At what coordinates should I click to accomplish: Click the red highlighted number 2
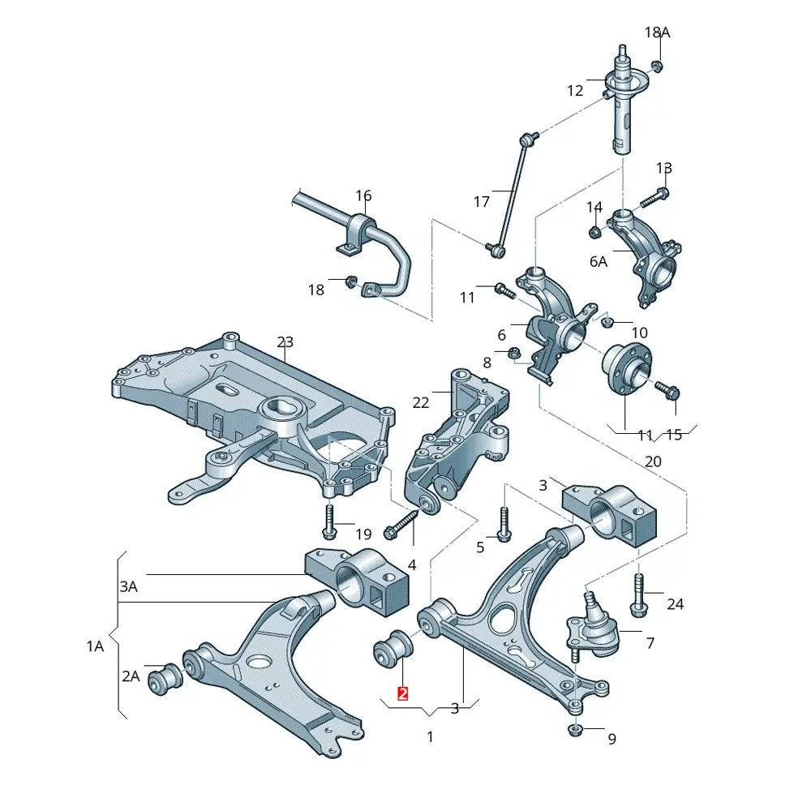402,693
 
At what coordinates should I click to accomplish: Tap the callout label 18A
657,32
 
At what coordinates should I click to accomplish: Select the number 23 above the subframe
285,342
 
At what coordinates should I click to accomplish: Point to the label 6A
599,262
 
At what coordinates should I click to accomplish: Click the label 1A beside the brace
95,646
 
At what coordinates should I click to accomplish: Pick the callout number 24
675,603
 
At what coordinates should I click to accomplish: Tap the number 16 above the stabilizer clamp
363,195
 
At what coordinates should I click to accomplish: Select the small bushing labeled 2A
165,678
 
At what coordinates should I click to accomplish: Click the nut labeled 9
575,730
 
